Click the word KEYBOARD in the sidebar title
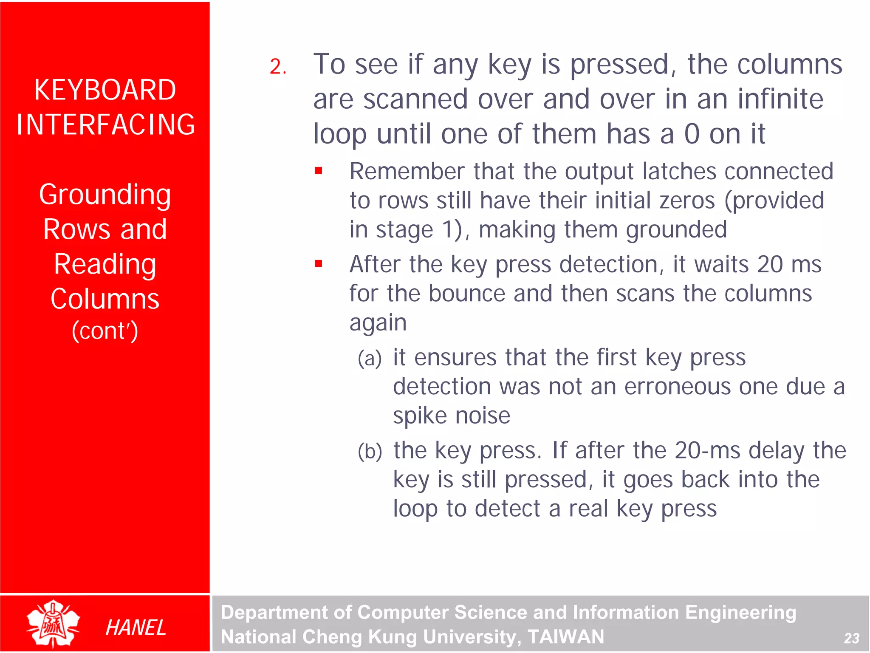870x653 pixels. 105,90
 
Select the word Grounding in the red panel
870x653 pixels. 105,195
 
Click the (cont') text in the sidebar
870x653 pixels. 105,331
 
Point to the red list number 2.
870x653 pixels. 277,67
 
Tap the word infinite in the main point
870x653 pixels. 780,99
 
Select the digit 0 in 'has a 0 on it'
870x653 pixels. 692,134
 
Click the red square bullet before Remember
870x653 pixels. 319,171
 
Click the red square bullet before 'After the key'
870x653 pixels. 319,264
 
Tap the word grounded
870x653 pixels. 676,230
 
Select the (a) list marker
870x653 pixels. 370,358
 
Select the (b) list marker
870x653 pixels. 370,451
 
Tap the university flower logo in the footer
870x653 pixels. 53,624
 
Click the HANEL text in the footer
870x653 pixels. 136,628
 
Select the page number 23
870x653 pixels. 851,638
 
